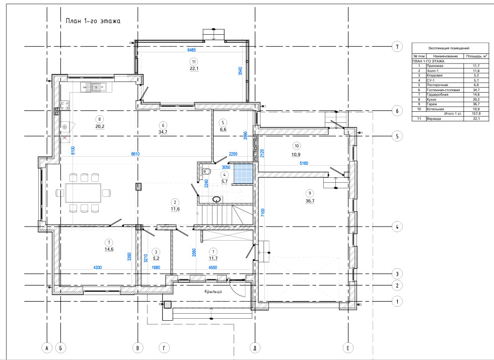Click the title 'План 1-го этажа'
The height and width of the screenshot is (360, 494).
tap(93, 21)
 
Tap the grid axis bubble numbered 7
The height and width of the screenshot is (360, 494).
tap(397, 47)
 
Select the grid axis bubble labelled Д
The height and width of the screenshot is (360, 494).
tap(255, 348)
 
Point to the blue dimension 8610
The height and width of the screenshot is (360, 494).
tap(135, 154)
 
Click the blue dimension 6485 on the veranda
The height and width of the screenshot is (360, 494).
tap(191, 50)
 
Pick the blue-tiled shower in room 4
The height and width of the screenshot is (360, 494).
tap(243, 174)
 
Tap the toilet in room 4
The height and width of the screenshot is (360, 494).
tap(207, 171)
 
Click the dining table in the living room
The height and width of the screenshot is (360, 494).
tap(84, 193)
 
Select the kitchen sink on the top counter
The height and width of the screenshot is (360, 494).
tap(99, 87)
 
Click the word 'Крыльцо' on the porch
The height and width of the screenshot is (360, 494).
tap(213, 292)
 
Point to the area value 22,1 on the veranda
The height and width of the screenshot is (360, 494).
tap(194, 68)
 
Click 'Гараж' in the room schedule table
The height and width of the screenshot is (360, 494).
tap(432, 104)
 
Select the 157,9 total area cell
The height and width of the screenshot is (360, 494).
tap(476, 114)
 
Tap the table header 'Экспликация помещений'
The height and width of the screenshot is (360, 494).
tap(449, 48)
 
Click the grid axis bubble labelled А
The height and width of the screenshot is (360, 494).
tap(47, 348)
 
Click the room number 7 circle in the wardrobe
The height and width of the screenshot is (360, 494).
tap(109, 243)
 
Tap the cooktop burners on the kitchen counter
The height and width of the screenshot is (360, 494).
tap(65, 105)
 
